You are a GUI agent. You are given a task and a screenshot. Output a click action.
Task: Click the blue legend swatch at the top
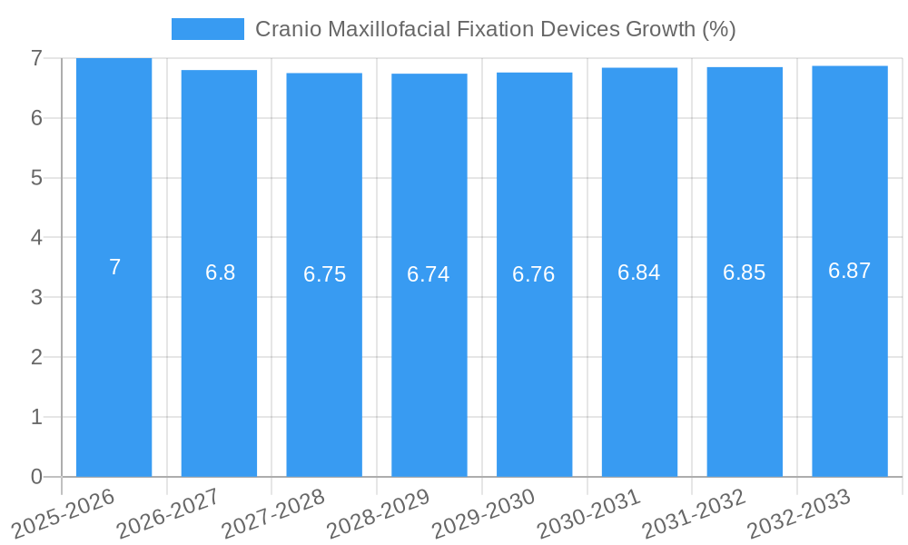click(x=207, y=29)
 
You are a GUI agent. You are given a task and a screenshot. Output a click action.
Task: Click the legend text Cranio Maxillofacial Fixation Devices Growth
click(x=495, y=29)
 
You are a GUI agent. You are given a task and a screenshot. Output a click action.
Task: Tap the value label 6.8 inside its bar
click(x=220, y=272)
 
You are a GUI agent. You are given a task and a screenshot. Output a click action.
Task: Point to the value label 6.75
click(x=324, y=274)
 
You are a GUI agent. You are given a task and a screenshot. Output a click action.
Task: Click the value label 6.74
click(x=429, y=274)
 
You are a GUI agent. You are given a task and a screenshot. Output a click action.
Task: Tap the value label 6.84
click(x=639, y=272)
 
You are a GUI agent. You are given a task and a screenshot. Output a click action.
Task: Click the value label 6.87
click(x=850, y=271)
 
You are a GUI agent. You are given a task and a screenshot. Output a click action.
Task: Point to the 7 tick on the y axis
click(x=36, y=58)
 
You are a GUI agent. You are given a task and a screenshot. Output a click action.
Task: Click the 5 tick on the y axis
click(x=36, y=178)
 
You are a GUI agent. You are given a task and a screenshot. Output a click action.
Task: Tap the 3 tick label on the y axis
click(x=36, y=297)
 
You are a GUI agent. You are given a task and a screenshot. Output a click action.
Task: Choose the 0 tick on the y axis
click(x=36, y=477)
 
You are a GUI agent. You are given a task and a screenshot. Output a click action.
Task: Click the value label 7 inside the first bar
click(x=114, y=267)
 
